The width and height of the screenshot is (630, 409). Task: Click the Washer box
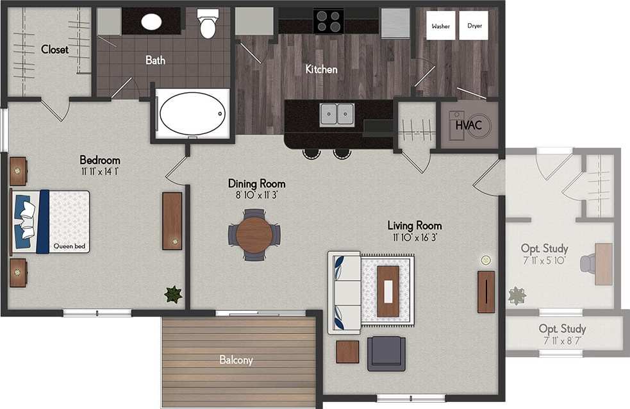point(441,26)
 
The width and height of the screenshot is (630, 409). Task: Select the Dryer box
point(474,26)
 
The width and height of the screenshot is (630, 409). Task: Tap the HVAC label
point(468,124)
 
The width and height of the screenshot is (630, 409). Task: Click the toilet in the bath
point(208,24)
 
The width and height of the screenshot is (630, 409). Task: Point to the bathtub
point(193,113)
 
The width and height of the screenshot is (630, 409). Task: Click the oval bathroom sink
point(151,22)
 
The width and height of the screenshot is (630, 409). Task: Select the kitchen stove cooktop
point(328,21)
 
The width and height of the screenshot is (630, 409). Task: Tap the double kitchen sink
point(337,114)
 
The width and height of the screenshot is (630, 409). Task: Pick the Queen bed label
point(70,246)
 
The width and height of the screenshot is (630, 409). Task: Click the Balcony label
point(236,360)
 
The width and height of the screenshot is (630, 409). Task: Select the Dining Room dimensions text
point(256,194)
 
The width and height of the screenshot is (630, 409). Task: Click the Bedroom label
point(99,160)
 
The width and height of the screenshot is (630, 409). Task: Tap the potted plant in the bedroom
point(173,294)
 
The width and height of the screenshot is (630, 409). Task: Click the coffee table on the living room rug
point(388,291)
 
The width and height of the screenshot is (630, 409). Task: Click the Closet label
point(54,49)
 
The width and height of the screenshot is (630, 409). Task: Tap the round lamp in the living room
point(486,260)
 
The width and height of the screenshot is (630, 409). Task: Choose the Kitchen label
point(321,69)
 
